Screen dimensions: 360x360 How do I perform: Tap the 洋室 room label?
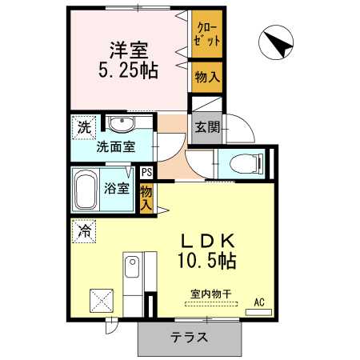click(x=126, y=48)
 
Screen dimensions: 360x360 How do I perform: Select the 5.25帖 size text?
click(x=128, y=70)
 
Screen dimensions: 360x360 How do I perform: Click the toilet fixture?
click(x=244, y=164)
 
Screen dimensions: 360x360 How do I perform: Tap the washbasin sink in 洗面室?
click(x=122, y=124)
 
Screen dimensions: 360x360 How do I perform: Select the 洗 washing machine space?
click(x=82, y=126)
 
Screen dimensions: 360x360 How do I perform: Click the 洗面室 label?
click(x=115, y=147)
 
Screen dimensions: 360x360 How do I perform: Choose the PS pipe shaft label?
click(x=146, y=171)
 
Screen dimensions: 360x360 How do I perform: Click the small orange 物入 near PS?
click(x=146, y=196)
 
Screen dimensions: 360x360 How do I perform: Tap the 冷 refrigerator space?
click(x=83, y=230)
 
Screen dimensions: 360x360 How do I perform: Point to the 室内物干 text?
click(x=210, y=294)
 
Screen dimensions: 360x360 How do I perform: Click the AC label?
click(x=259, y=302)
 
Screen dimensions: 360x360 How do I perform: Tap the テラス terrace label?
click(x=189, y=338)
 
